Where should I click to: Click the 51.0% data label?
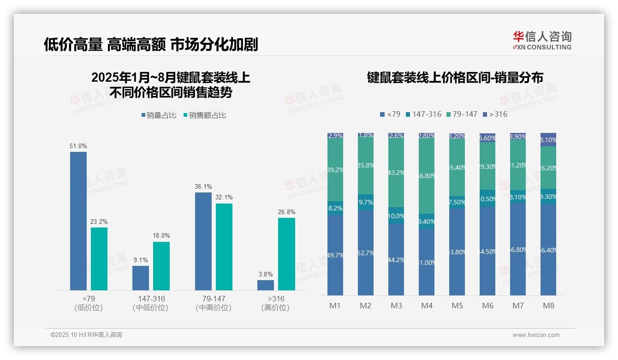click(x=78, y=146)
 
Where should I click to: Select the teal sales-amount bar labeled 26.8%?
click(x=286, y=254)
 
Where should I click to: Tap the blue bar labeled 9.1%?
click(x=141, y=278)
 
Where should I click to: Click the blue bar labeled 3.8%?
click(x=266, y=285)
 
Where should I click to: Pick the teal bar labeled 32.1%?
click(x=224, y=246)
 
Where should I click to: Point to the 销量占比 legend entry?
click(x=159, y=115)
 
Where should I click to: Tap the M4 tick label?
click(x=427, y=306)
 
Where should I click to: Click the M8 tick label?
click(x=548, y=306)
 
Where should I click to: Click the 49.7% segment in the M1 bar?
click(x=335, y=255)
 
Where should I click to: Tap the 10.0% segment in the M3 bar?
click(x=396, y=216)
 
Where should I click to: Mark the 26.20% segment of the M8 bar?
click(x=548, y=168)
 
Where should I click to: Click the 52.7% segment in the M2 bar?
click(x=366, y=253)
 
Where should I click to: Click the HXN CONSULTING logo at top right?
click(x=542, y=41)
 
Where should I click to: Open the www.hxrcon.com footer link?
click(x=536, y=335)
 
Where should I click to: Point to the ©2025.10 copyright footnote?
click(x=86, y=335)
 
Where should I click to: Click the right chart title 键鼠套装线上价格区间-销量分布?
click(x=455, y=78)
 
